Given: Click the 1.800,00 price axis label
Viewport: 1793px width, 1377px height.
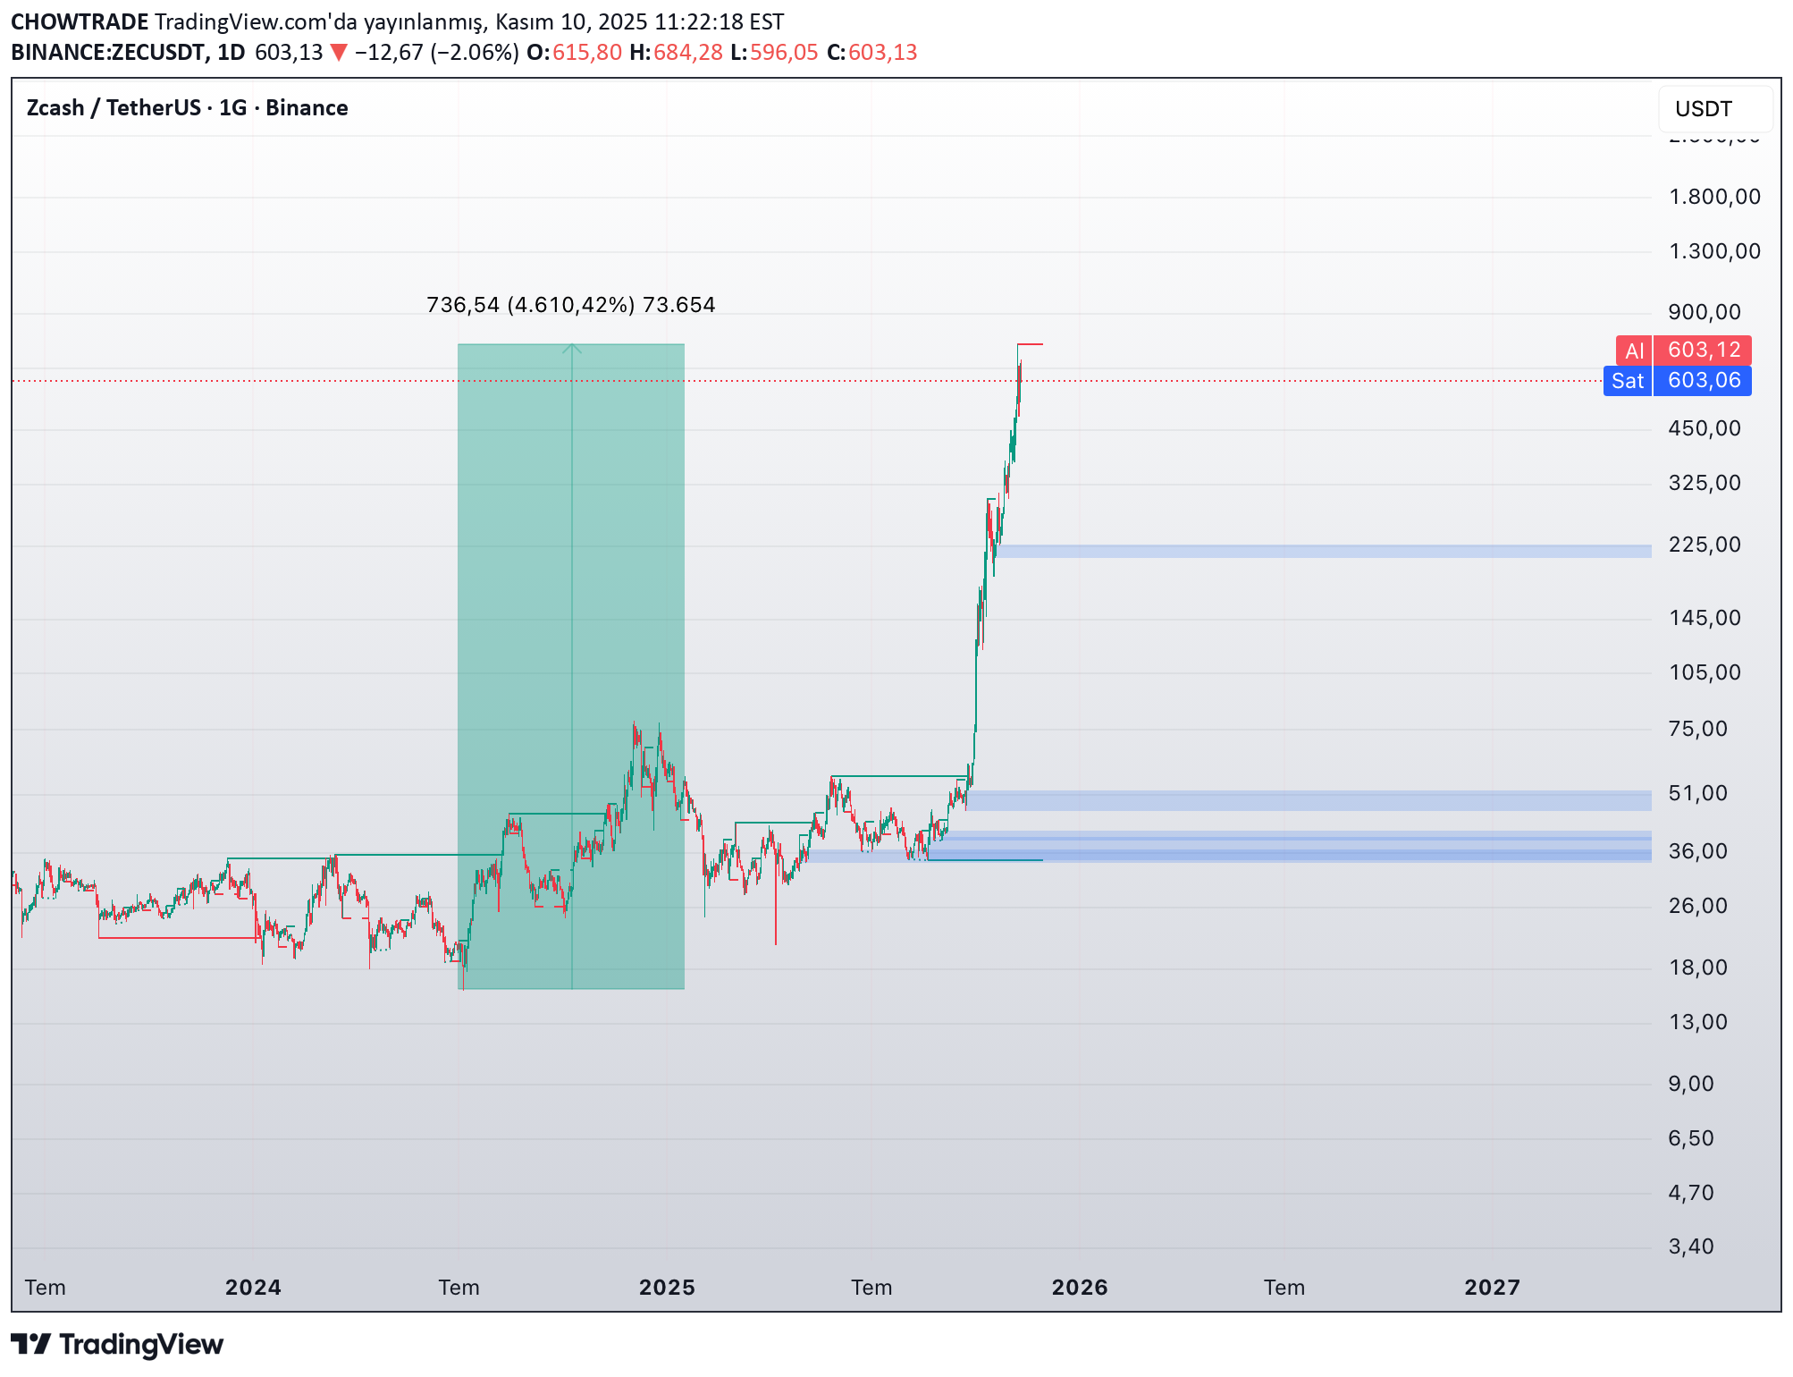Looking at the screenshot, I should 1713,197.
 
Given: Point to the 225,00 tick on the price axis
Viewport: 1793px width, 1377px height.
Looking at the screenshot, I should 1704,545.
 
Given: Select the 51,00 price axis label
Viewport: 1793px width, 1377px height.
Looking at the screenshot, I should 1697,793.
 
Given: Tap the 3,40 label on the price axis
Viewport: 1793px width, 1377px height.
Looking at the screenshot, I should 1690,1246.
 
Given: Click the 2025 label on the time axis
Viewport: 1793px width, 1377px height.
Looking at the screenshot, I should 666,1288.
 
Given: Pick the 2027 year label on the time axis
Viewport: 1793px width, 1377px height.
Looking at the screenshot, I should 1491,1288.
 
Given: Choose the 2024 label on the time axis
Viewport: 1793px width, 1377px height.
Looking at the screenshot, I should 253,1288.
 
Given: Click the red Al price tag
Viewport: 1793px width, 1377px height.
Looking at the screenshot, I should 1634,351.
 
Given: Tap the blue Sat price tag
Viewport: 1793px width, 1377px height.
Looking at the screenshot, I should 1627,381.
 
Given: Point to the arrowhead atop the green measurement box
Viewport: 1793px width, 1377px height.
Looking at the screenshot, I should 572,349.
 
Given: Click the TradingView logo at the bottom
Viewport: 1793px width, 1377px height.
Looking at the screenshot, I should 117,1345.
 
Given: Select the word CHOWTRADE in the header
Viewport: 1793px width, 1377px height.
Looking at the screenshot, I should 80,21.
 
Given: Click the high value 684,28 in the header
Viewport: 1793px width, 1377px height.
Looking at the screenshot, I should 687,53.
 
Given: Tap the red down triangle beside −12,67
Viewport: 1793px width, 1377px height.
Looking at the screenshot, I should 339,53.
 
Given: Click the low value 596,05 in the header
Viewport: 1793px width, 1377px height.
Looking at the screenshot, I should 784,53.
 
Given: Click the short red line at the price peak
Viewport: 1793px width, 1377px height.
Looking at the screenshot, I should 1030,344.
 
